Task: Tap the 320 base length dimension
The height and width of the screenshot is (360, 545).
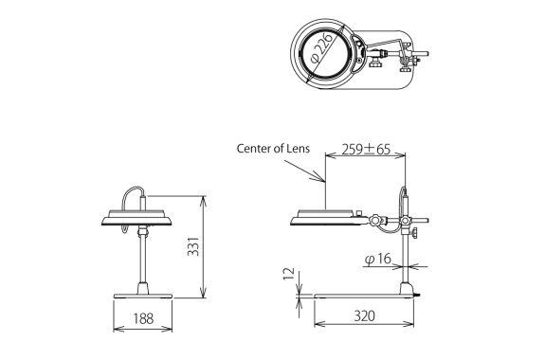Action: [365, 315]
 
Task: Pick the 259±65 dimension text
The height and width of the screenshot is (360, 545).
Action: [365, 151]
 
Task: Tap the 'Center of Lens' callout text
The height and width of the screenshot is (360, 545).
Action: [273, 148]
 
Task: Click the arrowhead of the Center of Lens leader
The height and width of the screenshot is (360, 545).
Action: [323, 180]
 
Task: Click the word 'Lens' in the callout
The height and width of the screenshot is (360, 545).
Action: [299, 148]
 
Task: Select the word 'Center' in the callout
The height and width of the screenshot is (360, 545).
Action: [254, 148]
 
